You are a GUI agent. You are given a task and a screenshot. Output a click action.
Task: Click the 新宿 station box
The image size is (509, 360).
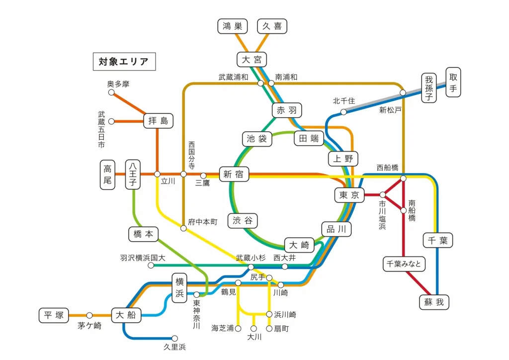[234, 175]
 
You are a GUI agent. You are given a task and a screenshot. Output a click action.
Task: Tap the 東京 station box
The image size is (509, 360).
[349, 195]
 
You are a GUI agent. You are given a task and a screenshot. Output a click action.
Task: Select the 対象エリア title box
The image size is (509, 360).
[124, 62]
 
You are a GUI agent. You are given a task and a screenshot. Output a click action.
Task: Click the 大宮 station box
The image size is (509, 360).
[251, 60]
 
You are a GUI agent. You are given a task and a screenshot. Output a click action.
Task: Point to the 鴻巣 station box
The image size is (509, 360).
[232, 26]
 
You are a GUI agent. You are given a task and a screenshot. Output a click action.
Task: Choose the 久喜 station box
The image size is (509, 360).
[272, 26]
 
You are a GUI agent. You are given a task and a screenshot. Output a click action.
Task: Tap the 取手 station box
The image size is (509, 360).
[453, 83]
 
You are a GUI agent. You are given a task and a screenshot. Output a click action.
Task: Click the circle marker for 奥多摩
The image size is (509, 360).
[111, 92]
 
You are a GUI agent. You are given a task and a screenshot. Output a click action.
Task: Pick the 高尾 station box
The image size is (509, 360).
[108, 175]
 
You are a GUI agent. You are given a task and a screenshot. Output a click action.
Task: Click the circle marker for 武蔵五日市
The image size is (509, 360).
[111, 121]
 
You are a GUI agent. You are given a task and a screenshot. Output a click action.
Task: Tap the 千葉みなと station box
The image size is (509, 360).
[404, 264]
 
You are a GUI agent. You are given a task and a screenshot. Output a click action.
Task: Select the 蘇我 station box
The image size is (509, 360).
[434, 302]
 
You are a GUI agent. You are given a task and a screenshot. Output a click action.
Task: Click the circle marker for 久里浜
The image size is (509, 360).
[174, 338]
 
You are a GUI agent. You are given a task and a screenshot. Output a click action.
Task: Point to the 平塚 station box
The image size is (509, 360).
[54, 315]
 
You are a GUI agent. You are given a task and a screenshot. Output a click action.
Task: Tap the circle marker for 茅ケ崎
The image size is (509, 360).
[89, 315]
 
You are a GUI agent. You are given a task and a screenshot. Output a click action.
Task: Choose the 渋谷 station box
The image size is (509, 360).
[243, 220]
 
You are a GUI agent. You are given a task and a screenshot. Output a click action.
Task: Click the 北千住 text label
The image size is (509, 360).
[343, 101]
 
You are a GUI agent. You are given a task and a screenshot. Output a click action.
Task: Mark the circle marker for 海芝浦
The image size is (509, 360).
[238, 328]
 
